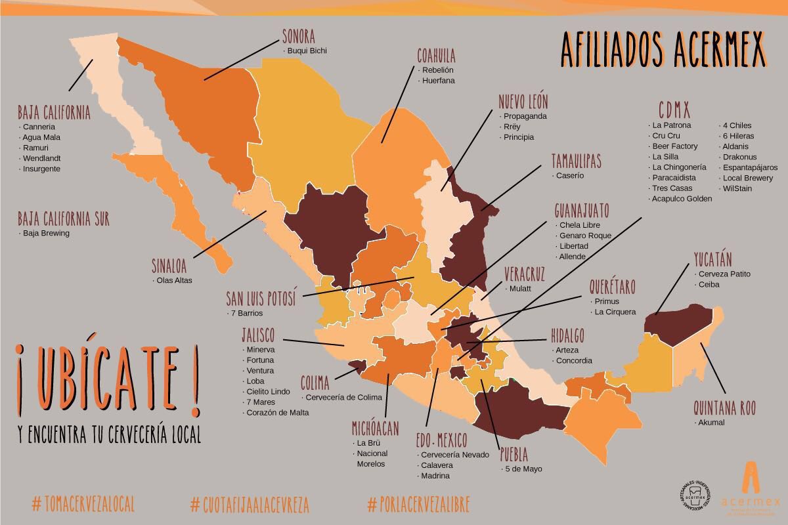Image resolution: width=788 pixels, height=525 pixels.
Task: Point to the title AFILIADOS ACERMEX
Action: coord(663,50)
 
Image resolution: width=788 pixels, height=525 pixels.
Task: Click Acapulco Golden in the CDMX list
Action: coord(682,199)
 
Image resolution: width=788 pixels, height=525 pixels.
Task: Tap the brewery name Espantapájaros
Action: coord(750,167)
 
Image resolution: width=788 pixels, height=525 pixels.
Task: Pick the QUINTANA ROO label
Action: coord(724,408)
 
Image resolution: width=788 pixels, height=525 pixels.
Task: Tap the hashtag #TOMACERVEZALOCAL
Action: coord(83,504)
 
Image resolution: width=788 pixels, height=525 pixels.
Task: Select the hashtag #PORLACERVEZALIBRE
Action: coord(419,504)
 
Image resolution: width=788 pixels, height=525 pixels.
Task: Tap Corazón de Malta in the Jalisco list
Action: coord(277,413)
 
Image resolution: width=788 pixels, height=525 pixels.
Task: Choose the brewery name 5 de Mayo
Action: coord(523,469)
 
